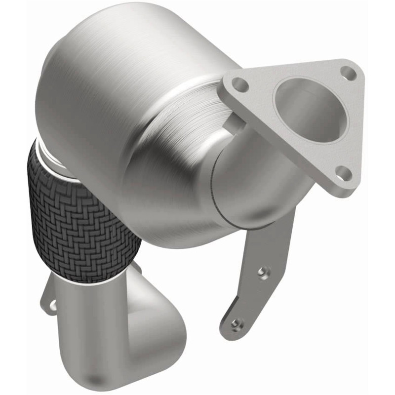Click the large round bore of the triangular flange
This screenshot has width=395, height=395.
tap(311, 110)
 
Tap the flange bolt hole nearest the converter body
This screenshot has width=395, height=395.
tap(240, 84)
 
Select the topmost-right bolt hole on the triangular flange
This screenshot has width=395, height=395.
tap(349, 73)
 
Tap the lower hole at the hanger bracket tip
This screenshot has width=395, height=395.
tap(237, 324)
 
